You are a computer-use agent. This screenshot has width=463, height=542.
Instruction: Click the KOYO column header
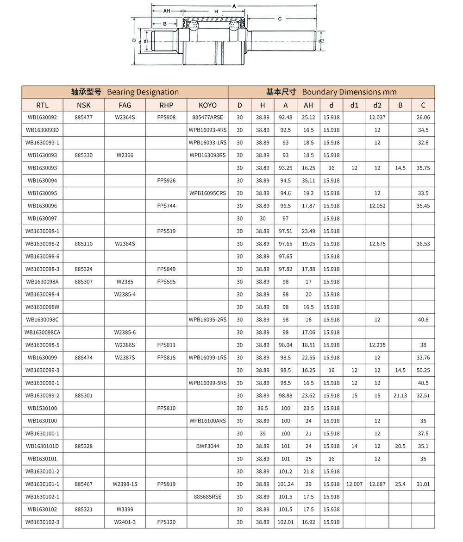(x=207, y=105)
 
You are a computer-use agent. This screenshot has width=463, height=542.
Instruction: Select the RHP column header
(x=166, y=105)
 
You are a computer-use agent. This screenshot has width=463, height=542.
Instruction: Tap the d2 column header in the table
(x=377, y=105)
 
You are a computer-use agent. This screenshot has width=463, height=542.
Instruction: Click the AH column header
(x=308, y=105)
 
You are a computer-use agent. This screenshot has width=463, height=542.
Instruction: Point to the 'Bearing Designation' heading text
(x=143, y=92)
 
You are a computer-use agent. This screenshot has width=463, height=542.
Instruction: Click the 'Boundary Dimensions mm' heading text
(x=349, y=92)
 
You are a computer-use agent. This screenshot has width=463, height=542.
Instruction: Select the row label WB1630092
(x=42, y=118)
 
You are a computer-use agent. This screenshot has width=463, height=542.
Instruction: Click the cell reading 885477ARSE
(x=207, y=118)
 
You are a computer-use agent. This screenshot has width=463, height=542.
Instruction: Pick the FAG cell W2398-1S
(x=125, y=484)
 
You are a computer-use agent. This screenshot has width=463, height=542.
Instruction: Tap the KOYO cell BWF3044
(x=207, y=446)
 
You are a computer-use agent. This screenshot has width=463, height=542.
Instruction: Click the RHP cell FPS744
(x=166, y=206)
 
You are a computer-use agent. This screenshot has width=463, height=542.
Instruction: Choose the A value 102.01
(x=286, y=522)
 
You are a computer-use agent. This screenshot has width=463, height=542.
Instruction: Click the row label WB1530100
(x=42, y=408)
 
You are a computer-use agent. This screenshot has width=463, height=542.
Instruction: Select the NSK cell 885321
(x=83, y=510)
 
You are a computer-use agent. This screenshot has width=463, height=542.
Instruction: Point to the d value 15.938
(x=332, y=510)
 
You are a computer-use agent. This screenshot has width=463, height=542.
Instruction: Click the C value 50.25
(x=423, y=370)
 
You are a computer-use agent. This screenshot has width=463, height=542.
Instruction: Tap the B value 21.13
(x=400, y=396)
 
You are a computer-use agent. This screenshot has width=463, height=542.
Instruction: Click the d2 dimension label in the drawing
(x=321, y=41)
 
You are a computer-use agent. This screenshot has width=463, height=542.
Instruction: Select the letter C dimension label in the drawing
(x=280, y=19)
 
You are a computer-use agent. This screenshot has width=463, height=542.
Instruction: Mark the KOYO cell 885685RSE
(x=207, y=497)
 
